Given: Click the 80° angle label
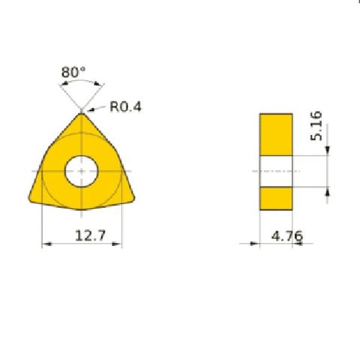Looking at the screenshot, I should pyautogui.click(x=73, y=73).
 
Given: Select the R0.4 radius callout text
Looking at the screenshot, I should pyautogui.click(x=125, y=106).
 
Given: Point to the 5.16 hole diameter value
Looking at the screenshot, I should pyautogui.click(x=316, y=126).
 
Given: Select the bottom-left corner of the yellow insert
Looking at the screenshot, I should pyautogui.click(x=31, y=199).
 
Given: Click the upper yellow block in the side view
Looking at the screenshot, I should pyautogui.click(x=276, y=135).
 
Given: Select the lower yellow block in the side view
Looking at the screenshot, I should pyautogui.click(x=276, y=196).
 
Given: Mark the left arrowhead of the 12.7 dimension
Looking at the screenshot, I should pyautogui.click(x=45, y=244).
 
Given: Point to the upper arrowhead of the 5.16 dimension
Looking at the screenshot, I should pyautogui.click(x=326, y=153).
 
